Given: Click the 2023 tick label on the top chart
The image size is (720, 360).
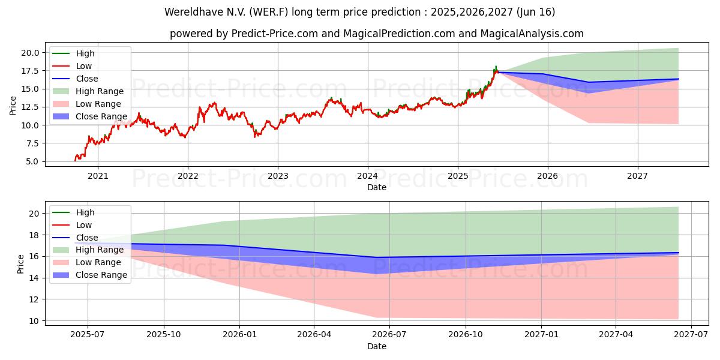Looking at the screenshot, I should point(277,176).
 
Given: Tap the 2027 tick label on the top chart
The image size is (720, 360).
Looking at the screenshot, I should point(637,176).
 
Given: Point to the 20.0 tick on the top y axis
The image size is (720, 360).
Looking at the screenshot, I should point(31,53).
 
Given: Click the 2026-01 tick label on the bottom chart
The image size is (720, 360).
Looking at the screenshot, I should point(239,335).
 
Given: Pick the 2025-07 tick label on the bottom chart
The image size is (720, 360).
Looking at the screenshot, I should point(88,335).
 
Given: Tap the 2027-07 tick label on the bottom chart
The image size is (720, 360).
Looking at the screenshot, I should point(691,335).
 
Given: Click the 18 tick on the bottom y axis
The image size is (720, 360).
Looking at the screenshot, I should point(34,235).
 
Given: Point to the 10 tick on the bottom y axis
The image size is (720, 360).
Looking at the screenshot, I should point(34,321).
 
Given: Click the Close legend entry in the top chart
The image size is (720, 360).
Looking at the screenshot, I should point(86,79).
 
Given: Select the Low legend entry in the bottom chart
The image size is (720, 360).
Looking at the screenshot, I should point(83,225).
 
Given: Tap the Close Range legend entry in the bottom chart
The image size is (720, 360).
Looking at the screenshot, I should point(101,275).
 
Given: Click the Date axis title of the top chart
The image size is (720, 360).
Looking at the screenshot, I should point(377,187).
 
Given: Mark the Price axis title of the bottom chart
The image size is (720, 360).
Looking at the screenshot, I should point(21,263).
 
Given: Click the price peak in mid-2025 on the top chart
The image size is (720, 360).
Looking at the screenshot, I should point(496,67).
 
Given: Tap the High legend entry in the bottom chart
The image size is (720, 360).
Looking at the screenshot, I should point(85,212).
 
